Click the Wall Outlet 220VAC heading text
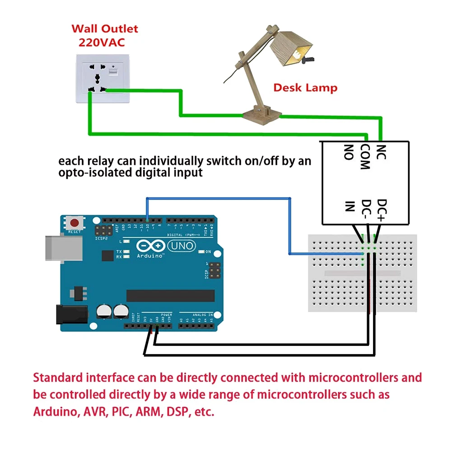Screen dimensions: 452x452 (104, 36)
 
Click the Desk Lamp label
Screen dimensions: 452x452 (305, 87)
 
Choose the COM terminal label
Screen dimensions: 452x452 (365, 157)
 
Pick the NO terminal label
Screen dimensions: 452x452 (348, 153)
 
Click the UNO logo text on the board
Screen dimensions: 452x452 (182, 246)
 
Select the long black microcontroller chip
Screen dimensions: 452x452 (170, 296)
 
